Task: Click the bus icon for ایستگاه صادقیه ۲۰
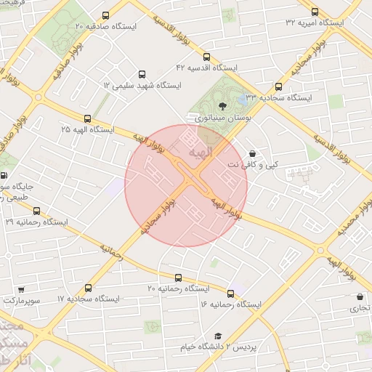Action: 107,15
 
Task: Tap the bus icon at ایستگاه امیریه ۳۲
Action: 315,12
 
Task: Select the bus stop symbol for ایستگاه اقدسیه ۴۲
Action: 207,57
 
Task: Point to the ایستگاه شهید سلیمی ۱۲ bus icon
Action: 142,75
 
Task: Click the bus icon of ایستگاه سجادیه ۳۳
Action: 278,86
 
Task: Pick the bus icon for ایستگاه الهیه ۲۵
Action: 88,118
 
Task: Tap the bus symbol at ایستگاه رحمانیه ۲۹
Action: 36,211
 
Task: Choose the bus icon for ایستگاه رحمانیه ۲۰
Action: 179,278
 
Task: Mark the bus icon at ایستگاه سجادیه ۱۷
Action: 89,288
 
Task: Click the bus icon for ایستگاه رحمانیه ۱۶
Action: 231,293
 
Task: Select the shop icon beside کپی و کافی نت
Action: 252,153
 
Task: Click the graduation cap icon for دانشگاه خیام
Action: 217,336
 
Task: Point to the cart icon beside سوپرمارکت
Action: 21,288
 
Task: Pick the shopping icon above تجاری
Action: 360,296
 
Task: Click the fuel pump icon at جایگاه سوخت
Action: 5,175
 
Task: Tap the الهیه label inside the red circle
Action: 200,155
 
